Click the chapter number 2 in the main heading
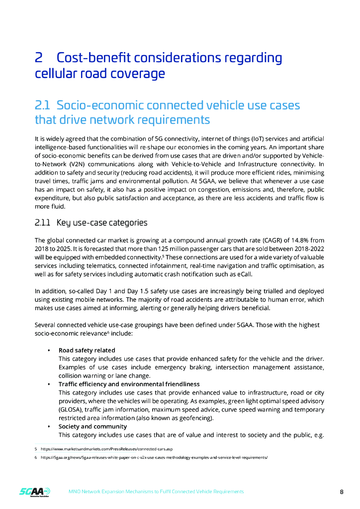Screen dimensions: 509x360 point(38,58)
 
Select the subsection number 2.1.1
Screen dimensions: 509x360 point(42,222)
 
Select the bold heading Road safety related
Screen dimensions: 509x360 point(87,350)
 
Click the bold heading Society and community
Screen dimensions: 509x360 point(92,426)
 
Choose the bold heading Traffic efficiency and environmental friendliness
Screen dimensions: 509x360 point(129,384)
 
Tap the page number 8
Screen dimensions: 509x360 point(342,492)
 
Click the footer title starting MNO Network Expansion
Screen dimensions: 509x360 point(156,492)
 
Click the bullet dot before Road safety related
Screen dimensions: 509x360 point(48,351)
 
